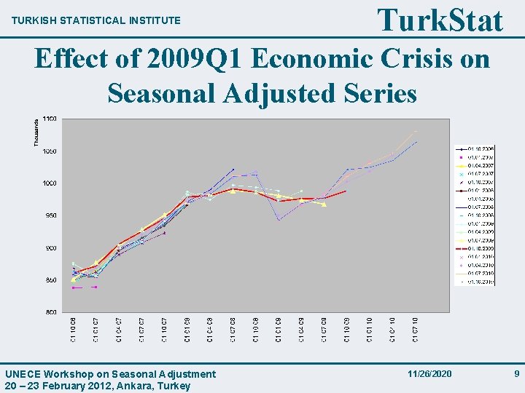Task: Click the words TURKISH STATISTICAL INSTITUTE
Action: point(96,20)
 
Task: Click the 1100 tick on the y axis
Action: point(50,119)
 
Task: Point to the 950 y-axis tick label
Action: point(50,215)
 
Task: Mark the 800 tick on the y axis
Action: point(50,312)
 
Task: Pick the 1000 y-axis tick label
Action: point(50,183)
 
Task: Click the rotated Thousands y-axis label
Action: point(36,132)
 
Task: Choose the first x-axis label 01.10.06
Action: point(73,329)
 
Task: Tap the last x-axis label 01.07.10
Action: point(416,329)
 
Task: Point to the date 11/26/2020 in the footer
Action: point(430,373)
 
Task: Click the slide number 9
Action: point(516,373)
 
